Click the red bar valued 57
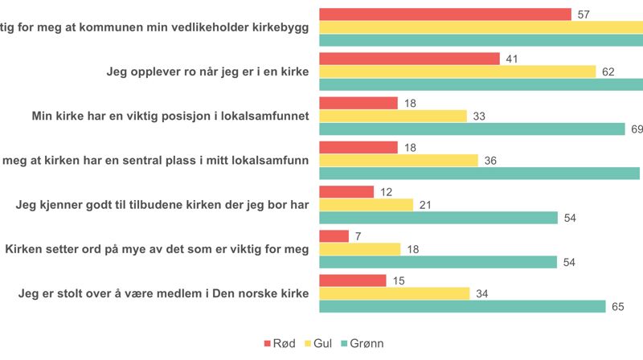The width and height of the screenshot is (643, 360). (x=445, y=14)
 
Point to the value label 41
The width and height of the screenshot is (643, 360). (x=512, y=59)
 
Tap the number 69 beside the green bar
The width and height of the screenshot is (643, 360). (x=636, y=129)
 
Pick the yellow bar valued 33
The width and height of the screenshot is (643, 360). (x=393, y=116)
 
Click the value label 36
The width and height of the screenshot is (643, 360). (x=490, y=160)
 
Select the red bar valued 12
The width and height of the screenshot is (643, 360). (x=346, y=191)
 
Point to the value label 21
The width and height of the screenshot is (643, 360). (x=425, y=205)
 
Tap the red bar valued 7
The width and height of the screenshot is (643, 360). (x=334, y=236)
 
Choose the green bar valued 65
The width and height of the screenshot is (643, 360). (x=462, y=306)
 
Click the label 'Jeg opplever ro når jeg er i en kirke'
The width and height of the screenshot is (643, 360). (x=208, y=72)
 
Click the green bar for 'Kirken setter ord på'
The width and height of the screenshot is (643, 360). (x=438, y=262)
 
